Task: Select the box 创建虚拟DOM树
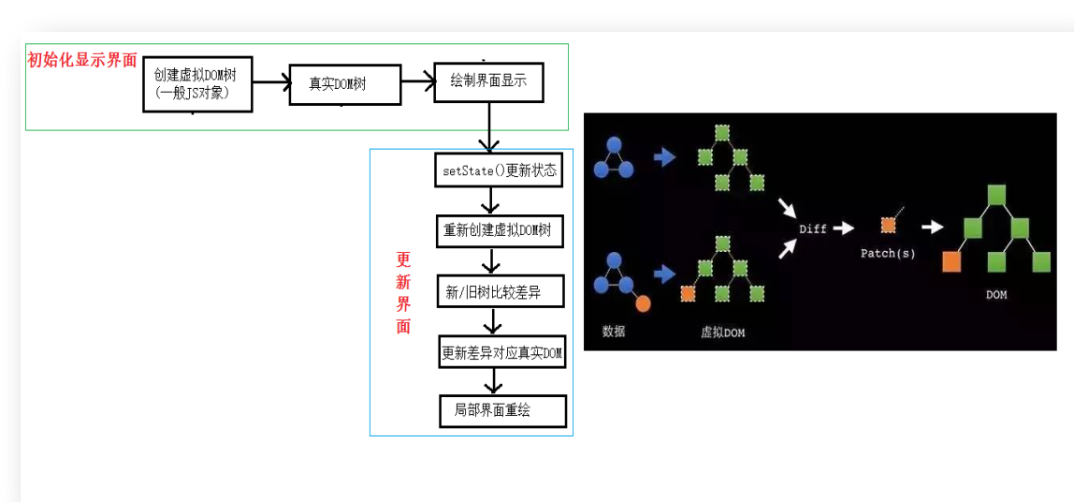coord(197,83)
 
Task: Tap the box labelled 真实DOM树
coord(344,84)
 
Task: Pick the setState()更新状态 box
coord(500,170)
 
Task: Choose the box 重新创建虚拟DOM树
coord(500,230)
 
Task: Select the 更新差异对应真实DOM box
coord(502,352)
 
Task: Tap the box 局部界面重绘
coord(502,410)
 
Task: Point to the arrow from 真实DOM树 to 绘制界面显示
coord(418,83)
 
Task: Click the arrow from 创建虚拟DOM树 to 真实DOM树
coord(271,82)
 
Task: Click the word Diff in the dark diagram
coord(812,229)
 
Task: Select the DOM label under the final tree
coord(996,295)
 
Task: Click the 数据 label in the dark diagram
coord(614,331)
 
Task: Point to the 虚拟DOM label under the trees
coord(723,332)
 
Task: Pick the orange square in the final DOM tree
coord(951,261)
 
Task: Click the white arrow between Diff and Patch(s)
coord(844,228)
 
